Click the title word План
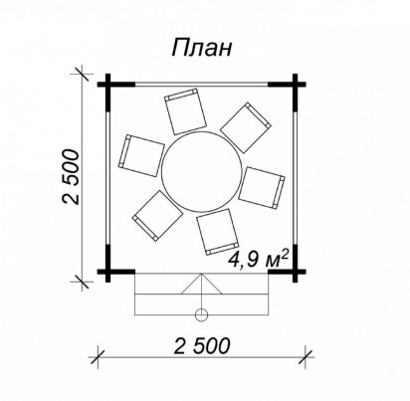[x=201, y=48]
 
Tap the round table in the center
[x=201, y=172]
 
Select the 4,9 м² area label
[x=258, y=259]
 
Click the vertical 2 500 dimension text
[x=71, y=177]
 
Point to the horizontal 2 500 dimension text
[x=202, y=345]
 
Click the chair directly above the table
[x=186, y=111]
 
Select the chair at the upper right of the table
[x=246, y=127]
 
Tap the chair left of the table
[x=141, y=155]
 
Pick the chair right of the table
[x=262, y=188]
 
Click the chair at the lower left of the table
[x=157, y=216]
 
